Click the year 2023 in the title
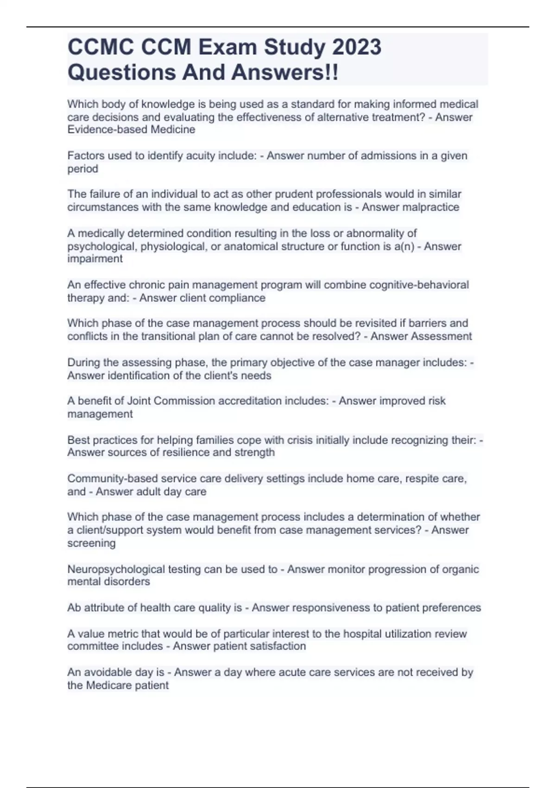point(356,47)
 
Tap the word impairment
point(95,259)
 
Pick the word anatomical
point(248,246)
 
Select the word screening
point(91,543)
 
